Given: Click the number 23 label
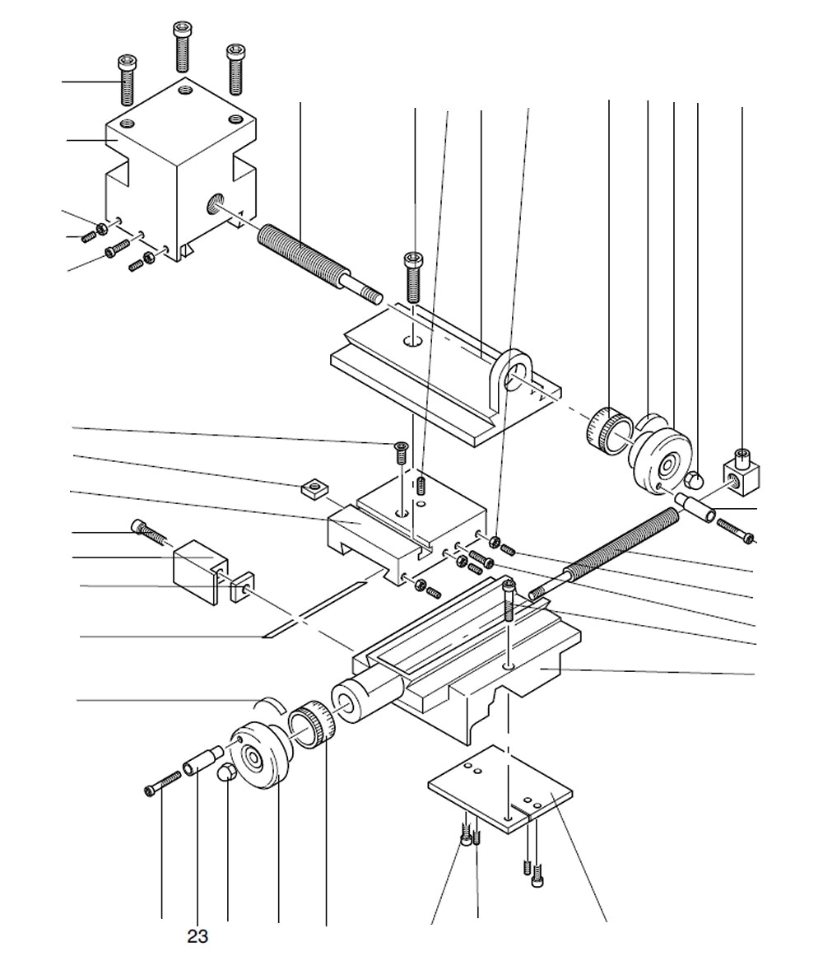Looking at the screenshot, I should (198, 936).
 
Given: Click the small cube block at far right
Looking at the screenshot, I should (742, 473).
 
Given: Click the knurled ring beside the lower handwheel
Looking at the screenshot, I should (314, 725).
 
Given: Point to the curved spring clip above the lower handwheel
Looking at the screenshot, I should (268, 702).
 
